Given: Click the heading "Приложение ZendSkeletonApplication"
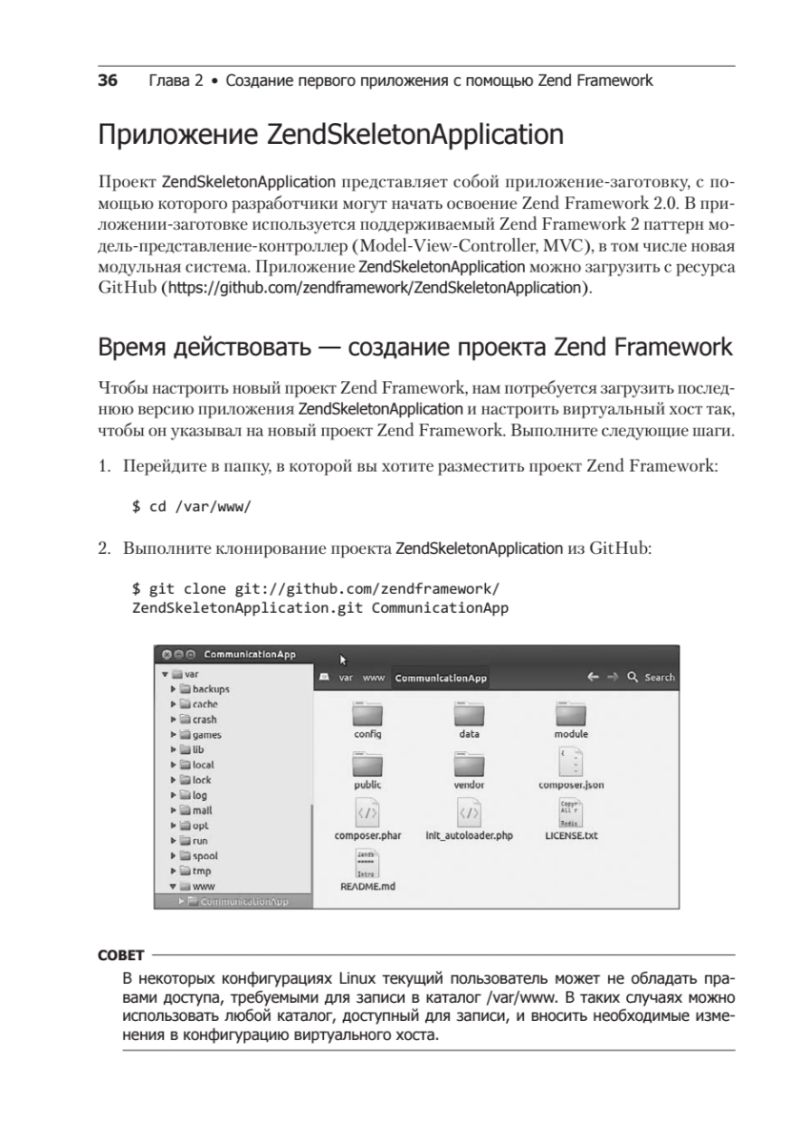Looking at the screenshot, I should point(330,134).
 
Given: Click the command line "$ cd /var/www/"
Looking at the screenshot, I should point(191,506).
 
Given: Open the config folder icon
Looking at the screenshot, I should point(368,714).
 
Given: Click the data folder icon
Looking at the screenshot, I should point(469,714).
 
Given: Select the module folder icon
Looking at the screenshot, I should point(571,714).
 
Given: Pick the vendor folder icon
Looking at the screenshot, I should point(469,765).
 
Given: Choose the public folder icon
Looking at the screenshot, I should point(368,765).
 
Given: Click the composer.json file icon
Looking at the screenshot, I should point(571,763).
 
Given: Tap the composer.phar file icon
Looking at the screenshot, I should point(368,814).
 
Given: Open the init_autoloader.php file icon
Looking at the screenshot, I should point(469,814).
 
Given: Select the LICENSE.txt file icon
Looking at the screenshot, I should point(571,814).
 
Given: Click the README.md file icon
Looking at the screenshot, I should point(368,864).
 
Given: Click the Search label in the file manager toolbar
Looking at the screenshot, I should point(658,678).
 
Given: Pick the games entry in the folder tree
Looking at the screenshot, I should point(207,735).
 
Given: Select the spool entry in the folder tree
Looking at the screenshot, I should point(205,856).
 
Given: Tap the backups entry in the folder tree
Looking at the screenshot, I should point(211,689).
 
